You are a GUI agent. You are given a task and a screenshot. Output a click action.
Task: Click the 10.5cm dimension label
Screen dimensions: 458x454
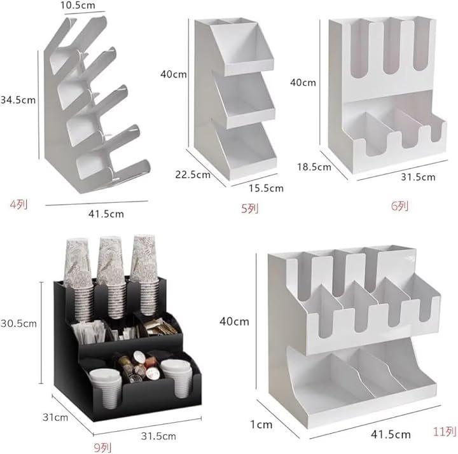coord(78,5)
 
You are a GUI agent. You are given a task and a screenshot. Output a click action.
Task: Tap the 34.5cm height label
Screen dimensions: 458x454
coord(18,100)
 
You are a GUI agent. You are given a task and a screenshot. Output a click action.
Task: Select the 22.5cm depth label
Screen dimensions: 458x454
coord(193,175)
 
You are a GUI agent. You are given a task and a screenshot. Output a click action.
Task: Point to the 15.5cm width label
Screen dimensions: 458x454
coord(266,188)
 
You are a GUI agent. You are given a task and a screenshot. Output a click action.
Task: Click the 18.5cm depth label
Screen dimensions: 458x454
coord(314,167)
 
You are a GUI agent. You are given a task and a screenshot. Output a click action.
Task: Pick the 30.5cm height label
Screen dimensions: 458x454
coord(18,324)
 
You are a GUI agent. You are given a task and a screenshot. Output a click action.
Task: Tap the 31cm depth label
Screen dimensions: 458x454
coord(55,417)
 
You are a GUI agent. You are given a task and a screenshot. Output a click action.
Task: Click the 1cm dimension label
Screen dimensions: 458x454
coord(261,425)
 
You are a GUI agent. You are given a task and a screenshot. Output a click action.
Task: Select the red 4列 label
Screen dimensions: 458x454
coord(19,205)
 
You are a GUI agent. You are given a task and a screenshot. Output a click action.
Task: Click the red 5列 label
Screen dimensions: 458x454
coord(250,209)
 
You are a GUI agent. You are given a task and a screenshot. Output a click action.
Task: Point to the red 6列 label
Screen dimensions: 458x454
coord(400,206)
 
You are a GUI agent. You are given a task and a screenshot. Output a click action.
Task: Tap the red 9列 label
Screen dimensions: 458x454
coord(102,447)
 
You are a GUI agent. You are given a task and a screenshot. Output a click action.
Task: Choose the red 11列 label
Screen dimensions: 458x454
coord(445,432)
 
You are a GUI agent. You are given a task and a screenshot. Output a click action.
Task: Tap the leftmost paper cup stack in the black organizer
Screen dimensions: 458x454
coord(79,279)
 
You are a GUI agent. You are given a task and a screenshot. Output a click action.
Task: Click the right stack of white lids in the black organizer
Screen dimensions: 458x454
coord(176,378)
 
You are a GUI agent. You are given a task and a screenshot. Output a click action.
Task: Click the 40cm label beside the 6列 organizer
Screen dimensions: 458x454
coord(303,83)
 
